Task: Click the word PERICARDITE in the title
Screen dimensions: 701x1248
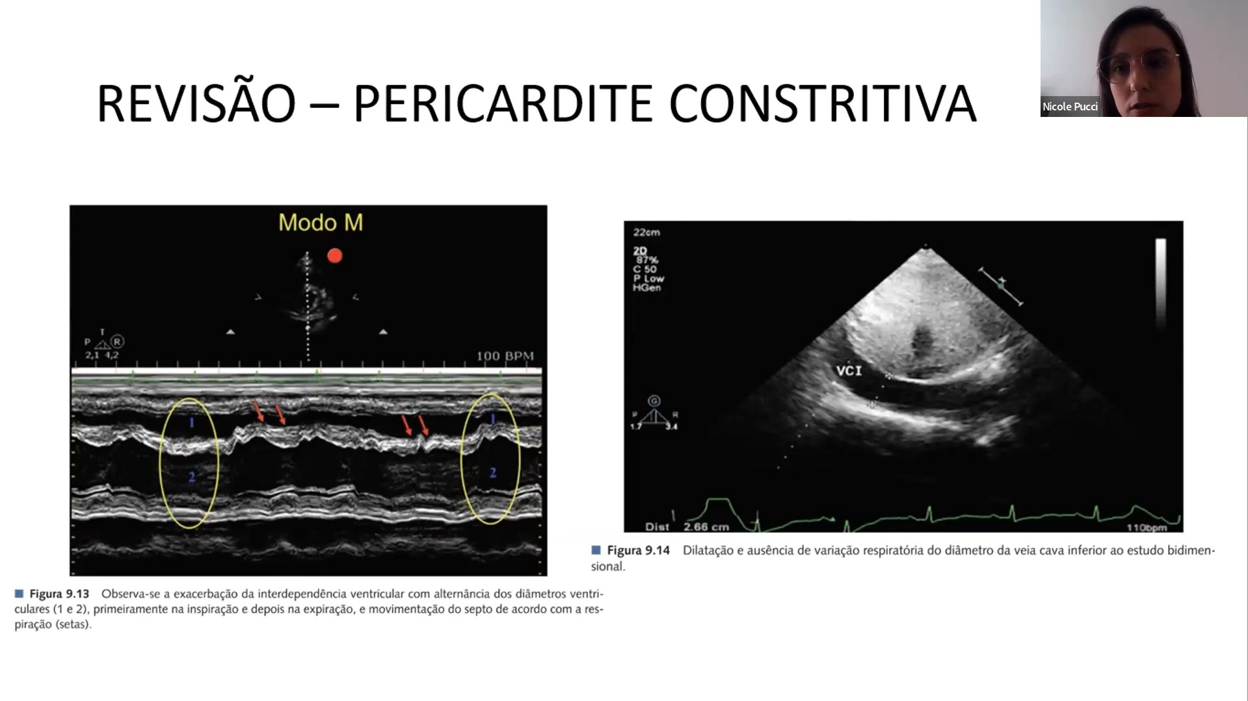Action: point(502,103)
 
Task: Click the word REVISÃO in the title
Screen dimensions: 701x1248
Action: point(196,103)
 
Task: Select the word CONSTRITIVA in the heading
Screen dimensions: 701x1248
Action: point(823,103)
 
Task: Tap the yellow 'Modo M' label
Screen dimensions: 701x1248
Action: point(321,223)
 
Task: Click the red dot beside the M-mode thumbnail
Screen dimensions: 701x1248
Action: point(335,255)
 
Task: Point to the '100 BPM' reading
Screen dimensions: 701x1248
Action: point(505,356)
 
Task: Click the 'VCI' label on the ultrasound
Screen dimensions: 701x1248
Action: point(849,370)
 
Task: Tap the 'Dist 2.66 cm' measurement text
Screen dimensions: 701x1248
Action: point(687,526)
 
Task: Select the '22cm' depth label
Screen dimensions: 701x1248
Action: point(646,232)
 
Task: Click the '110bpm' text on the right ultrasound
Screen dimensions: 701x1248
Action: point(1147,528)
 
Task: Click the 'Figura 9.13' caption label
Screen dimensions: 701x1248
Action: point(59,594)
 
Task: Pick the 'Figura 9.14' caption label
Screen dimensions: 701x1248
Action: point(638,550)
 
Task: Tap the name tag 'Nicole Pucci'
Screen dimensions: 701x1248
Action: point(1070,107)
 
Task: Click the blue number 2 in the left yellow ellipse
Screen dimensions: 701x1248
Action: point(192,477)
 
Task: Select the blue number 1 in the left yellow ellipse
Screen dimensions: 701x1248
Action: point(192,423)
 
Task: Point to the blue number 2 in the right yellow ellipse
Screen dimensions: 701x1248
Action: point(493,473)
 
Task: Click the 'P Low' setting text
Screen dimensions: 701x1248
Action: point(648,278)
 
